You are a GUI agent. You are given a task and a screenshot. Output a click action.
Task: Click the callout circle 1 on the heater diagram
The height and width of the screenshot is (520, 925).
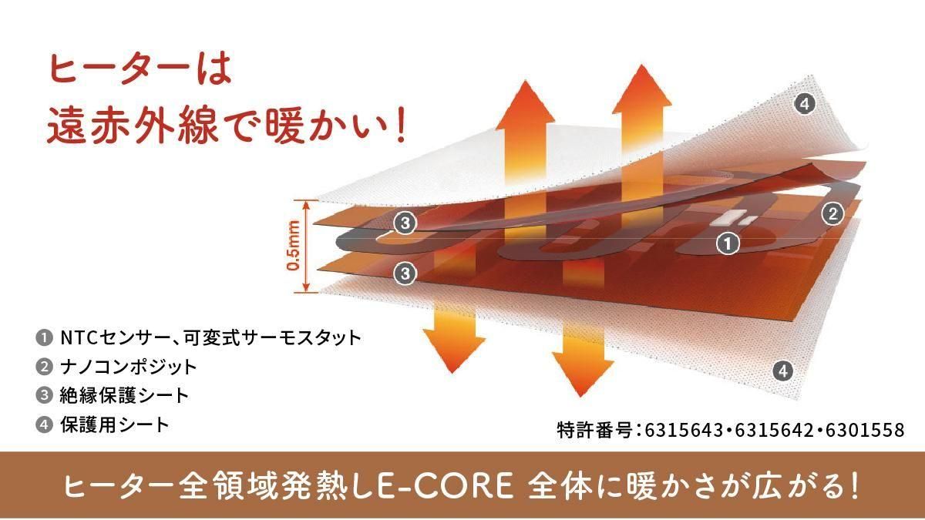click(x=728, y=243)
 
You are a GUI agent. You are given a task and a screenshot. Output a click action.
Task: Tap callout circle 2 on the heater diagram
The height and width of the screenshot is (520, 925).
click(x=832, y=213)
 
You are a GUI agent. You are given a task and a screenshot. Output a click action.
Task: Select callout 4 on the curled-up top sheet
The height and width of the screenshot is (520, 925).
click(x=805, y=103)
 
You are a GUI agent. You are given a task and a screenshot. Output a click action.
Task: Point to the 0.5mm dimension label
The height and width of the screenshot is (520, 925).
click(x=293, y=246)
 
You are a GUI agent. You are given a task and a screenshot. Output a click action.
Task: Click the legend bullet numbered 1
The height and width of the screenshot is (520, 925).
click(x=44, y=338)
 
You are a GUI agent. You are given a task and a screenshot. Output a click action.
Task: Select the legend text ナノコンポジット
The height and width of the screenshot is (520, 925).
click(x=129, y=367)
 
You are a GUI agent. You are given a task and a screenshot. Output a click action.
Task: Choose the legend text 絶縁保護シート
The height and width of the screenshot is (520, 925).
click(x=124, y=395)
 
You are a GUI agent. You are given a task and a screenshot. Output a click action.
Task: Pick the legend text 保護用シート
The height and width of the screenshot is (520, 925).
click(x=115, y=424)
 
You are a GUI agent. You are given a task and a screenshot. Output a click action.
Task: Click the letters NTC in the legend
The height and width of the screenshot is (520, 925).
click(x=79, y=338)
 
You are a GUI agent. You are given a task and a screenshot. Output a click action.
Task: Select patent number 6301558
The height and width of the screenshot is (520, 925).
click(x=865, y=430)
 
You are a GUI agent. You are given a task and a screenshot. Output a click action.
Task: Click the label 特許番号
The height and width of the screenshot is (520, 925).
click(x=594, y=430)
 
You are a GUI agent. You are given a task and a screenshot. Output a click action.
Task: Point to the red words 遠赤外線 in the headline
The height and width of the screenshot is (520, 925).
click(x=133, y=124)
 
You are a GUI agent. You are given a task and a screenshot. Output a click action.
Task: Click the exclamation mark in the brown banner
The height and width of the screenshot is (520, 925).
click(x=853, y=486)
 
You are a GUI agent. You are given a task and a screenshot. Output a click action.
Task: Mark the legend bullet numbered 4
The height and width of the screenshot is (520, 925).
click(x=44, y=424)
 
